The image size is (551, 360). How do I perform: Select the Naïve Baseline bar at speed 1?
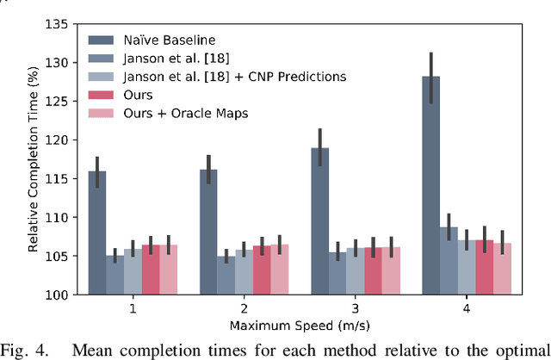click(x=96, y=233)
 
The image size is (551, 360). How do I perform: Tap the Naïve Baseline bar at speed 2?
click(x=207, y=232)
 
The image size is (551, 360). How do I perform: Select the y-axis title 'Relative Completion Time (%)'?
click(x=33, y=159)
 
